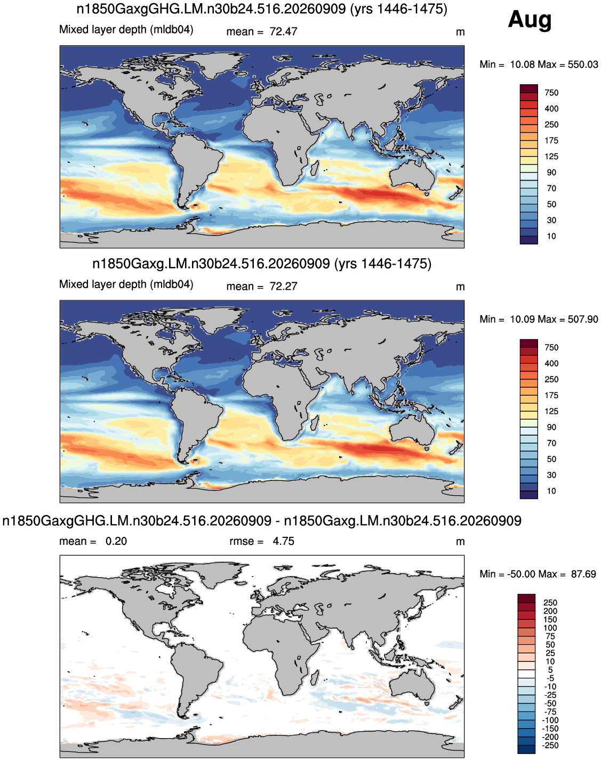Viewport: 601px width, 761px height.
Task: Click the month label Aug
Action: coord(530,20)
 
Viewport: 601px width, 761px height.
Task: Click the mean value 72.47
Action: coord(283,32)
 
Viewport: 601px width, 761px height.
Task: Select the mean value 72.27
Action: coord(283,287)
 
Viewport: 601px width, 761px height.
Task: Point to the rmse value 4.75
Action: coord(283,542)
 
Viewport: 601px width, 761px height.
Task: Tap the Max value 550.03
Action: coord(583,64)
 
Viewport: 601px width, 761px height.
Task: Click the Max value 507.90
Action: coord(583,320)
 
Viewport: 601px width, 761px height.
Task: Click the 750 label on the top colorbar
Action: coord(551,93)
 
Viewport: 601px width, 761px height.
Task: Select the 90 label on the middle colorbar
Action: coord(551,427)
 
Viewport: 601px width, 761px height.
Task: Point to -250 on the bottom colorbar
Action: coord(550,745)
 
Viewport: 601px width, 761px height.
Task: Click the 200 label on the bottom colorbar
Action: coord(550,611)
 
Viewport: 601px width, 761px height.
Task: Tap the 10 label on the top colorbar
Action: coord(551,236)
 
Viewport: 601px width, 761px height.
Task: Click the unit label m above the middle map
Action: coord(460,287)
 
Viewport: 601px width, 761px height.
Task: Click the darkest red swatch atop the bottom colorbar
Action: coord(526,598)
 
